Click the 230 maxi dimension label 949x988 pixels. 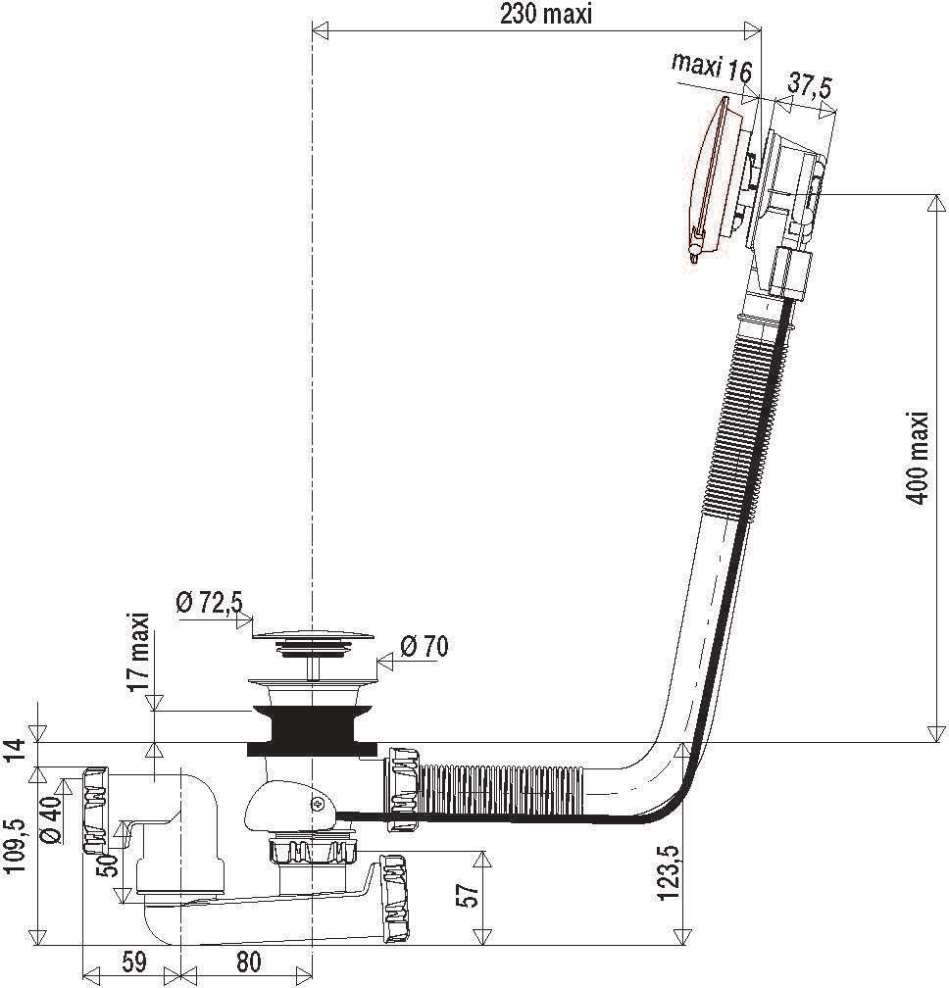click(x=546, y=15)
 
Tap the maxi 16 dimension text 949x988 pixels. click(x=712, y=68)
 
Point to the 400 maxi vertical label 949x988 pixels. click(x=919, y=457)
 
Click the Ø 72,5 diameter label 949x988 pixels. click(x=209, y=604)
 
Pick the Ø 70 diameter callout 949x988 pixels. click(x=425, y=646)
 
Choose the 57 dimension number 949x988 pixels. click(x=469, y=894)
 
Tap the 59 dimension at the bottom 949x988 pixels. click(x=133, y=962)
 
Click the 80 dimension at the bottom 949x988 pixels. click(x=248, y=962)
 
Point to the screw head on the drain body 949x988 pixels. click(x=320, y=804)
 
